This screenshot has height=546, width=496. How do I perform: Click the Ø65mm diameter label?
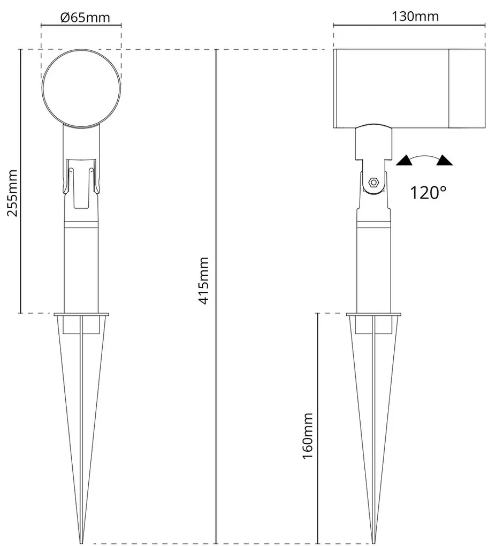pos(85,18)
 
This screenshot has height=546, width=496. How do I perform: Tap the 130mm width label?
pos(415,17)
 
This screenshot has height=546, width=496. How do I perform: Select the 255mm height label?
pos(12,193)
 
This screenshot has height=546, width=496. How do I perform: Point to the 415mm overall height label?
pos(204,280)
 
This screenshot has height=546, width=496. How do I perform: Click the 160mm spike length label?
pos(308,436)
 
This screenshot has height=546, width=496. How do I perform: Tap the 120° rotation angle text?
pos(428,193)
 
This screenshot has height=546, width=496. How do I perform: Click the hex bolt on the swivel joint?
pos(374,182)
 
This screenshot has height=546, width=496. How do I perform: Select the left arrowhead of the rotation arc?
pos(404,161)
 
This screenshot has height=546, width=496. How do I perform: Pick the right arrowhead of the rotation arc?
pos(445,160)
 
